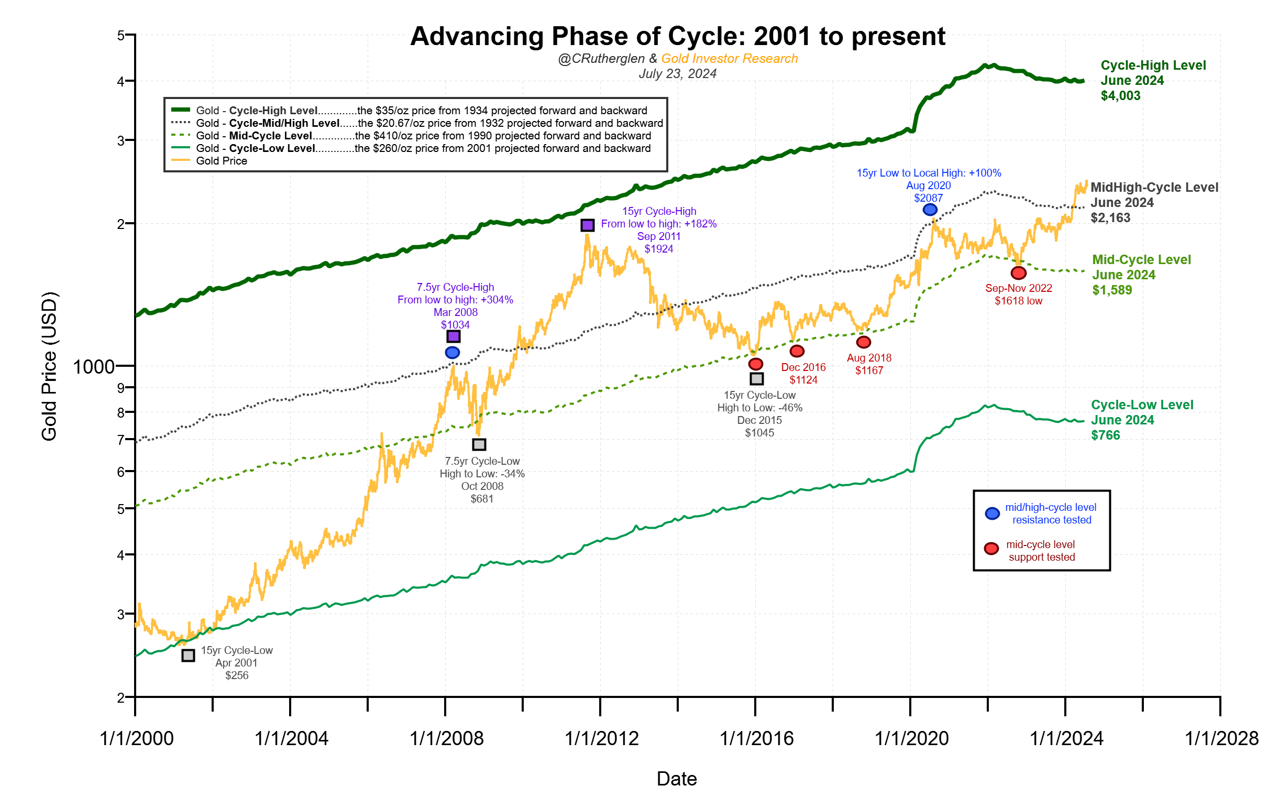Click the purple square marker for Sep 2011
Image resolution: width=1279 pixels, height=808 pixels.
click(x=588, y=225)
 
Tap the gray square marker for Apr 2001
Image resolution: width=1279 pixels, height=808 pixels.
click(x=188, y=656)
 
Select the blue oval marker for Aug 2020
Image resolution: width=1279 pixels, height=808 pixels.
click(x=930, y=210)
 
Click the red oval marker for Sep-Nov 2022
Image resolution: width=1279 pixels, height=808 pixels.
click(x=1018, y=273)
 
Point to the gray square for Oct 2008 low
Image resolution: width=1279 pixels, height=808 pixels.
click(x=479, y=444)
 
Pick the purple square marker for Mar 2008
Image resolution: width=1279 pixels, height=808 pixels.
click(x=453, y=336)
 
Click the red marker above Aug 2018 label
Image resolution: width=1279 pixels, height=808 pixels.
click(x=864, y=342)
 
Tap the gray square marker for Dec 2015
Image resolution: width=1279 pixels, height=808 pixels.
click(x=756, y=379)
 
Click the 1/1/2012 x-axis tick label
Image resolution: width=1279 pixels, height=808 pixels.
click(x=601, y=739)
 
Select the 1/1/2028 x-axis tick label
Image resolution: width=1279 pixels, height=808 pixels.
click(x=1221, y=739)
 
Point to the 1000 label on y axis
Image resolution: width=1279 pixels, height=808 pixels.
click(x=93, y=367)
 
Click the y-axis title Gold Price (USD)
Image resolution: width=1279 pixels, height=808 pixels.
click(x=49, y=367)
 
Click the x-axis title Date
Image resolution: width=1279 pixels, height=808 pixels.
click(x=676, y=779)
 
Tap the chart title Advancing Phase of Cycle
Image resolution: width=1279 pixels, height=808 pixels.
click(x=677, y=37)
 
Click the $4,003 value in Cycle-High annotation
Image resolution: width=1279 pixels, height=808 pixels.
click(x=1120, y=96)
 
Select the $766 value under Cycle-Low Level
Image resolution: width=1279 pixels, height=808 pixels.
click(x=1105, y=435)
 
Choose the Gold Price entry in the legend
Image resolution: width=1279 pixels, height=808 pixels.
click(x=222, y=161)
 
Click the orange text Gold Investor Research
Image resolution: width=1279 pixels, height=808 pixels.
click(x=729, y=59)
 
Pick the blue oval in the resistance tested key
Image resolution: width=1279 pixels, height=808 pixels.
click(x=992, y=514)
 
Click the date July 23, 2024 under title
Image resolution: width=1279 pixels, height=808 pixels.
click(x=677, y=74)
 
